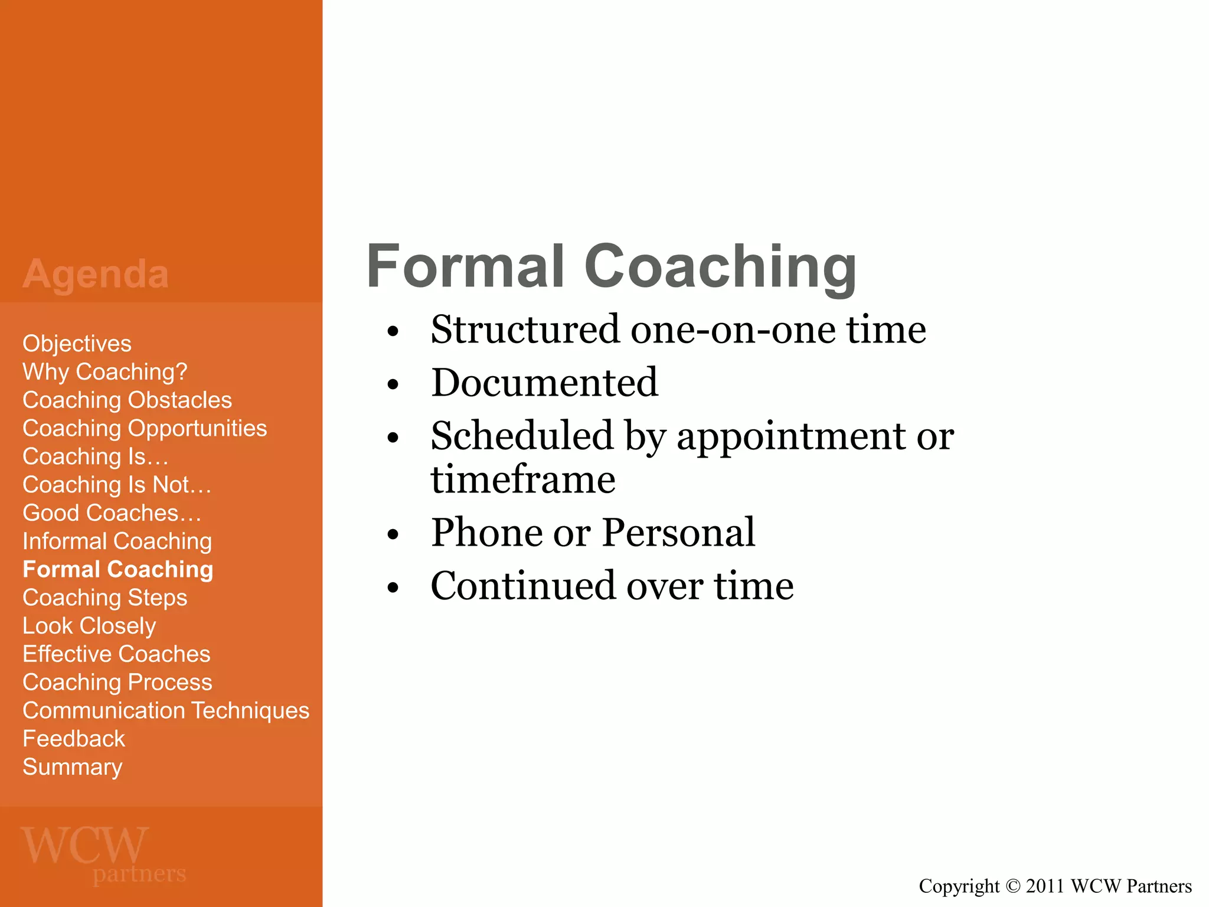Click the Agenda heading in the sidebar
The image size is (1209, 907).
pyautogui.click(x=96, y=274)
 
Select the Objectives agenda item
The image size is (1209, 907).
pyautogui.click(x=77, y=344)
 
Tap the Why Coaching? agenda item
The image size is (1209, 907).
pyautogui.click(x=104, y=372)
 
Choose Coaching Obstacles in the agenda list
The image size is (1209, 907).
pyautogui.click(x=127, y=400)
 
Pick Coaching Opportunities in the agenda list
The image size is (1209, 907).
pyautogui.click(x=145, y=429)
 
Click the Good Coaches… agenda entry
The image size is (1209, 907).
pyautogui.click(x=112, y=513)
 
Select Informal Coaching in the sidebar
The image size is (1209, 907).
pyautogui.click(x=117, y=541)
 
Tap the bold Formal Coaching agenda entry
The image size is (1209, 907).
pyautogui.click(x=117, y=570)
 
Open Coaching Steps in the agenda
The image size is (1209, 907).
pyautogui.click(x=104, y=598)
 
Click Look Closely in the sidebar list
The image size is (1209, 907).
pyautogui.click(x=89, y=626)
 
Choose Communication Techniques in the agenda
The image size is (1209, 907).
pyautogui.click(x=166, y=711)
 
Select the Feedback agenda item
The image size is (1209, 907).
pyautogui.click(x=74, y=739)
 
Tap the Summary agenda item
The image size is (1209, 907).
pyautogui.click(x=72, y=767)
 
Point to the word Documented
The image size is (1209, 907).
pyautogui.click(x=544, y=383)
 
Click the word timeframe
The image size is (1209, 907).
pyautogui.click(x=523, y=479)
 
